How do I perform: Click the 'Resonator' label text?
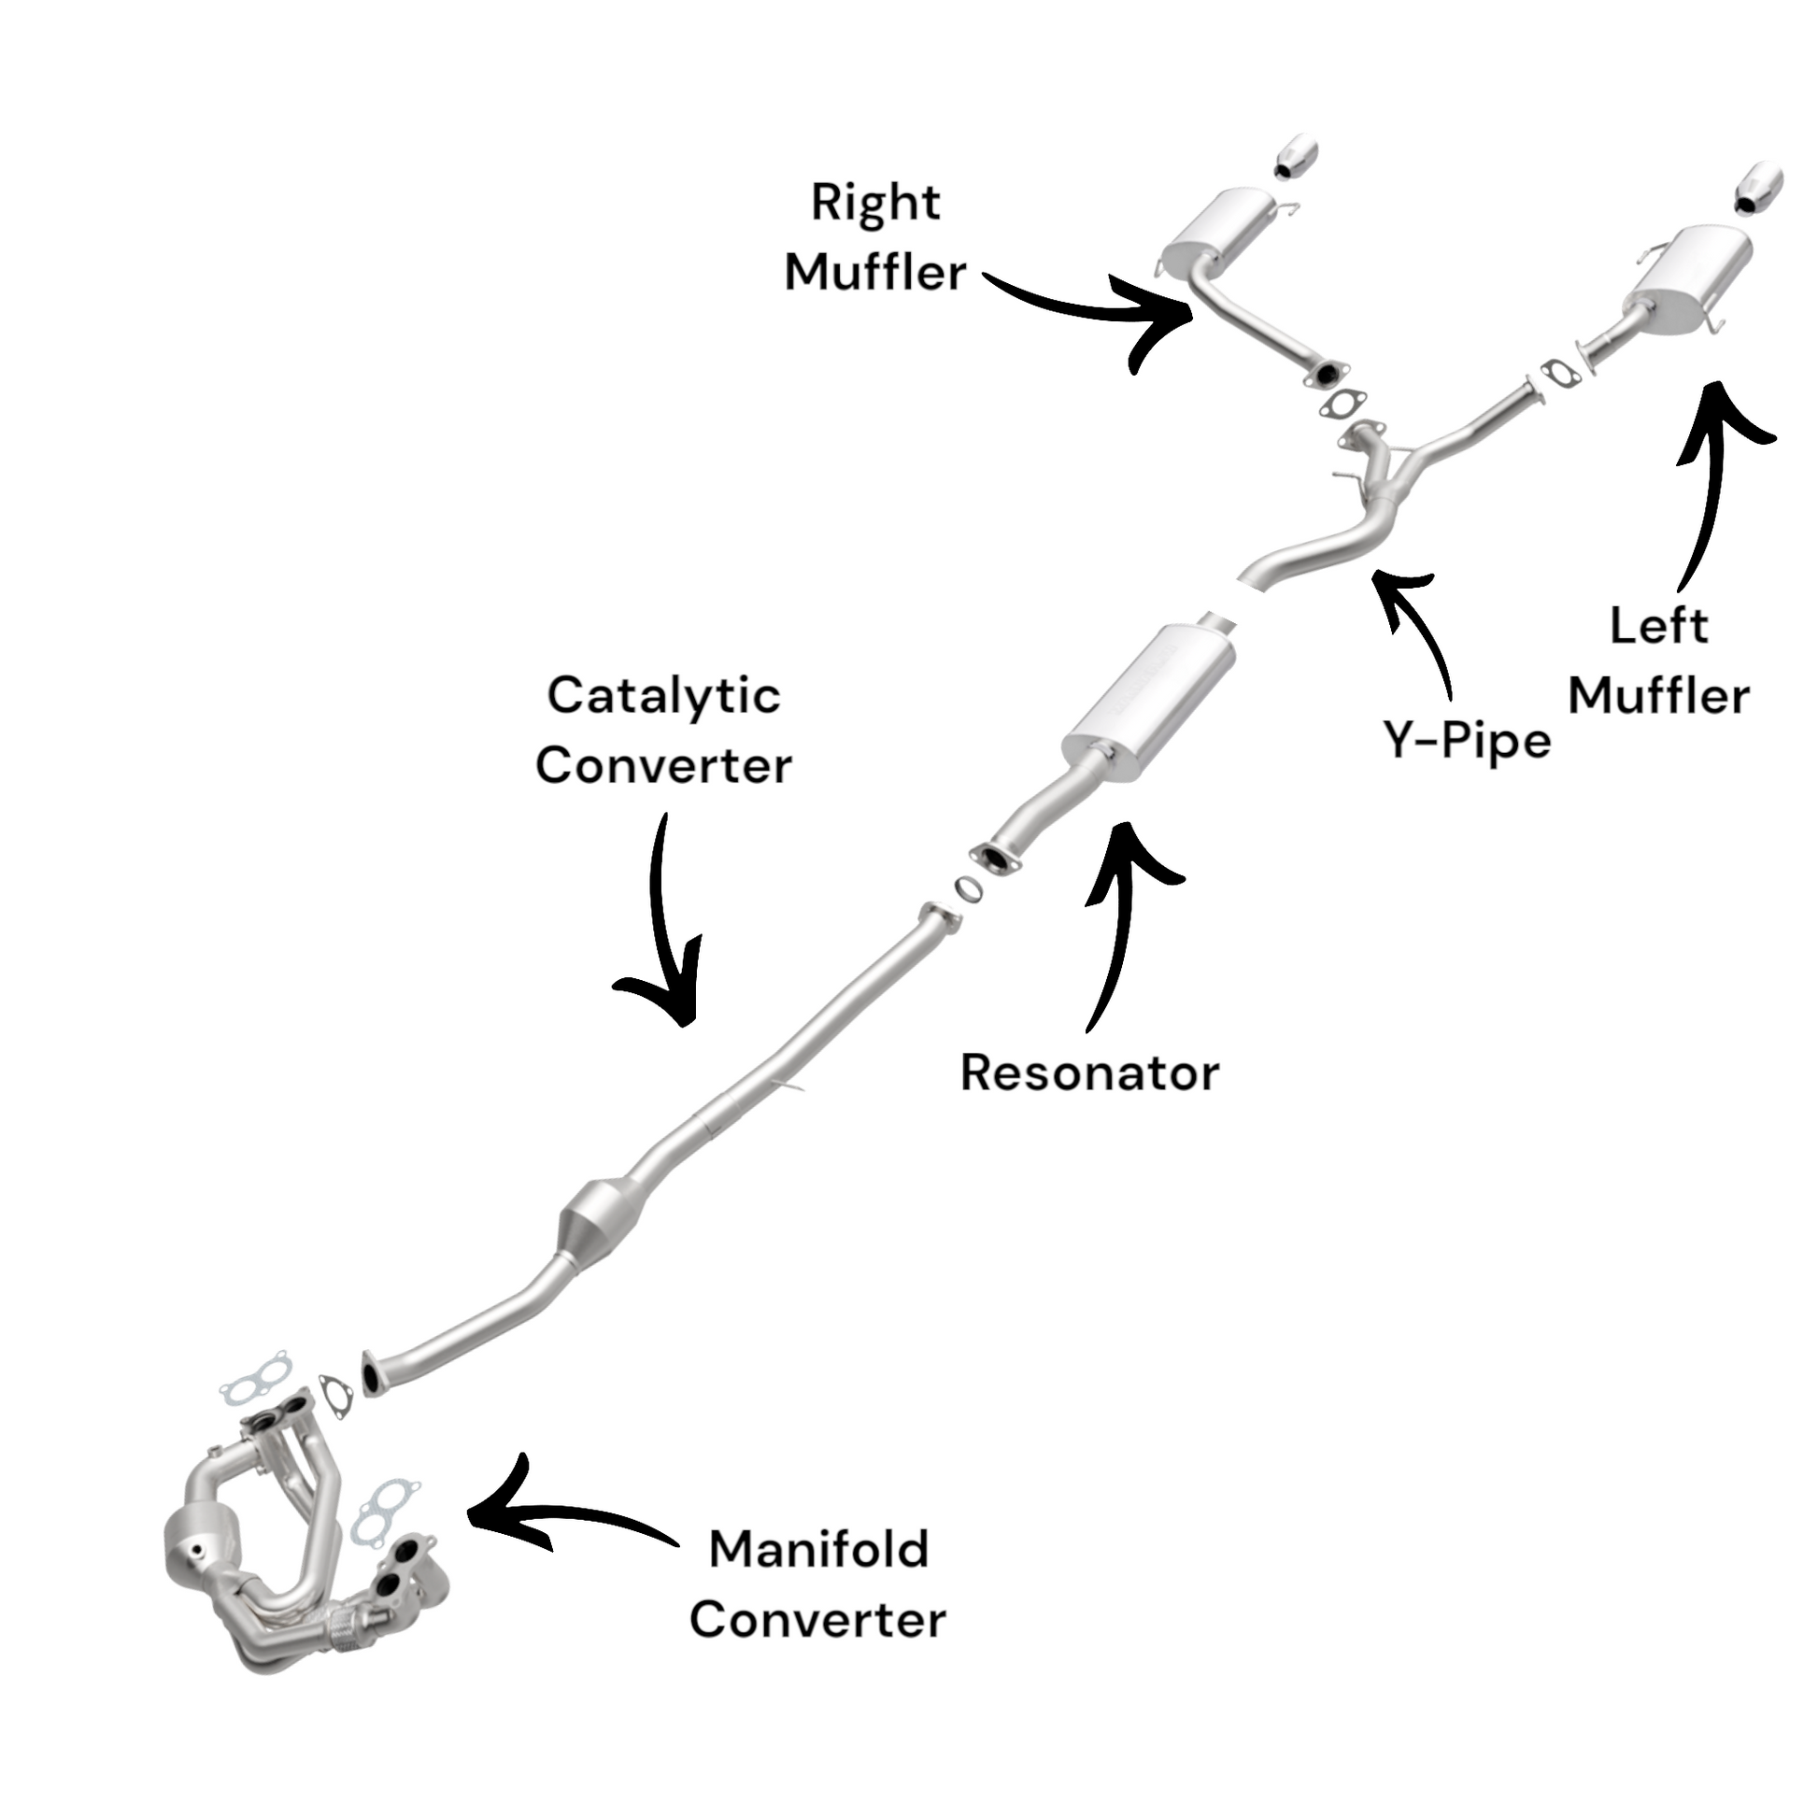[x=1088, y=1072]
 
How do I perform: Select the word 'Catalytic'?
[x=663, y=697]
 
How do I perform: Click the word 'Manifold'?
[x=818, y=1550]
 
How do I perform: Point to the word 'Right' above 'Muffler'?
[x=875, y=204]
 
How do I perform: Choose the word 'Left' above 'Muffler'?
[x=1658, y=627]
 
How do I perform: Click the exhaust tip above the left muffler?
[x=1758, y=189]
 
